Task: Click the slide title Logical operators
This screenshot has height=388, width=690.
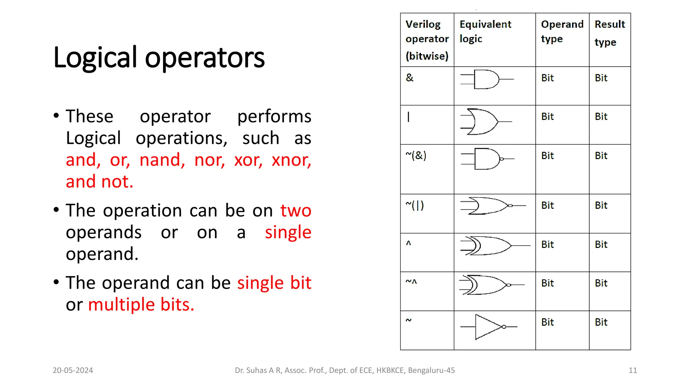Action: coord(159,58)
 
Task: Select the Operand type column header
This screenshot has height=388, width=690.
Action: coord(562,31)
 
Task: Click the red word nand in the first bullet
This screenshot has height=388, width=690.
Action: coord(162,160)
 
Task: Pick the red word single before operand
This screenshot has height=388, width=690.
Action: coord(288,232)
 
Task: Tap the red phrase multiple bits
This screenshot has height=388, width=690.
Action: coord(141,304)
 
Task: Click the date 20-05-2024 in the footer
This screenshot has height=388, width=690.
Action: coord(73,370)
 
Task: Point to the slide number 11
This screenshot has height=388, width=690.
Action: coord(633,370)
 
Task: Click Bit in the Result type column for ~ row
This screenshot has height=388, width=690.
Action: coord(601,322)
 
